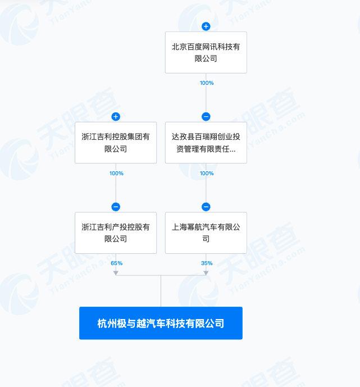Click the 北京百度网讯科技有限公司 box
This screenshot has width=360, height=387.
point(206,52)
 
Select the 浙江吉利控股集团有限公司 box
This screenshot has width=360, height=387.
point(116,143)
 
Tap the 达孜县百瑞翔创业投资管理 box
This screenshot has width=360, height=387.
point(206,143)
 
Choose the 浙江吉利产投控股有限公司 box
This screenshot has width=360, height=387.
point(116,233)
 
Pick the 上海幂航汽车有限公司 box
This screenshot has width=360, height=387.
point(206,233)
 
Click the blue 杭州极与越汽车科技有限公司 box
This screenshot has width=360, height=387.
point(161,323)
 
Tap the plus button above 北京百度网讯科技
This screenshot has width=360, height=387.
point(206,26)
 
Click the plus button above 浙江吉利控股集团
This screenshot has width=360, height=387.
point(116,116)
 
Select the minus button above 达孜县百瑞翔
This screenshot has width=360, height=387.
point(206,116)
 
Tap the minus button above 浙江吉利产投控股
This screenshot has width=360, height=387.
point(116,207)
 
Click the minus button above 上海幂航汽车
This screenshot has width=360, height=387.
point(206,207)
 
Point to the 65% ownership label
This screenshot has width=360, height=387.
point(116,263)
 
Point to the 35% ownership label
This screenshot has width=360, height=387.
point(207,263)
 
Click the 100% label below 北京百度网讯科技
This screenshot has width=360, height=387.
point(207,83)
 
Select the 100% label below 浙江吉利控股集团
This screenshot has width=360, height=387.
point(116,173)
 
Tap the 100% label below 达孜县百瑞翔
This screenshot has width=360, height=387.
point(207,173)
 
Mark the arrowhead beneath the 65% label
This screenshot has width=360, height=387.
point(116,273)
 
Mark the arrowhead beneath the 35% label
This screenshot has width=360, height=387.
point(206,273)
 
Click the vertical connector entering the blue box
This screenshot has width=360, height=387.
point(161,291)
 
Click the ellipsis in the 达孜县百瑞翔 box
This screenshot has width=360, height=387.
point(232,151)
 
